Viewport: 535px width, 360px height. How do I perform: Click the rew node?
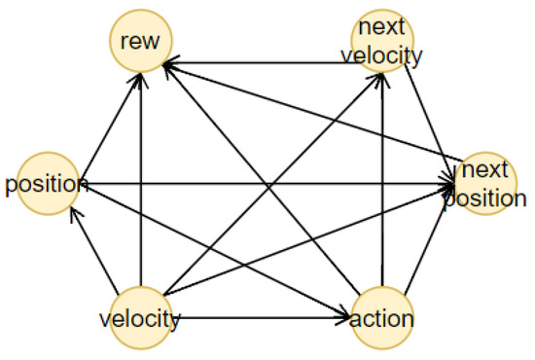(142, 43)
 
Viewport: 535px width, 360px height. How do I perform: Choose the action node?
(383, 318)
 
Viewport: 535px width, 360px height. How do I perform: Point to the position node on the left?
(41, 183)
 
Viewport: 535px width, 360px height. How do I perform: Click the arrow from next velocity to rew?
(263, 63)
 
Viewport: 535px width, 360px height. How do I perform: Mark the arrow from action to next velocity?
(385, 195)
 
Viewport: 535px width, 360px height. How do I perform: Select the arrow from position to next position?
(263, 182)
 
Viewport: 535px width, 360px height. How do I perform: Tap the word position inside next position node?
(486, 198)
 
